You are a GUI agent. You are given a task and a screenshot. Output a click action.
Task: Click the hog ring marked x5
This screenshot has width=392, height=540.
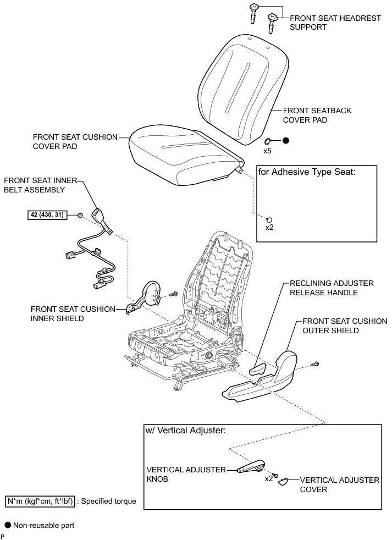269,141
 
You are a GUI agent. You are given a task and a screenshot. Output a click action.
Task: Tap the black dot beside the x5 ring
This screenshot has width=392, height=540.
286,141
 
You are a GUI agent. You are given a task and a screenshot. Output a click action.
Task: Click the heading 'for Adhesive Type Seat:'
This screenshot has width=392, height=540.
307,172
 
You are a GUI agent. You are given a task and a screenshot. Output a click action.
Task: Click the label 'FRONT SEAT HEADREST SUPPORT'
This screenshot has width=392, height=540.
335,23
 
